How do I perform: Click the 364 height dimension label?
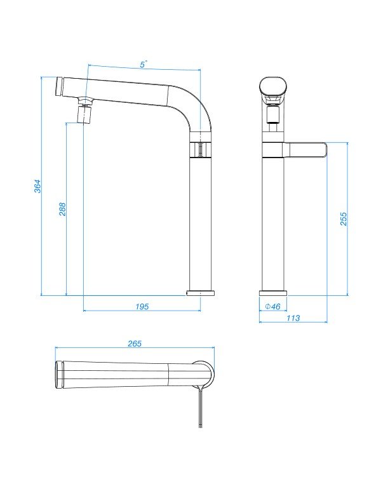pyautogui.click(x=37, y=186)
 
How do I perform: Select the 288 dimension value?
pyautogui.click(x=62, y=209)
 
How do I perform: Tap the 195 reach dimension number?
pyautogui.click(x=142, y=307)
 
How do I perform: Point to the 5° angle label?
pyautogui.click(x=144, y=65)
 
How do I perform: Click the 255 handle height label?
pyautogui.click(x=344, y=219)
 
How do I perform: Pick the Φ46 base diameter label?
pyautogui.click(x=272, y=307)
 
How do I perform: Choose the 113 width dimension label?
pyautogui.click(x=293, y=318)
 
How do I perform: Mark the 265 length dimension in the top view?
pyautogui.click(x=135, y=344)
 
